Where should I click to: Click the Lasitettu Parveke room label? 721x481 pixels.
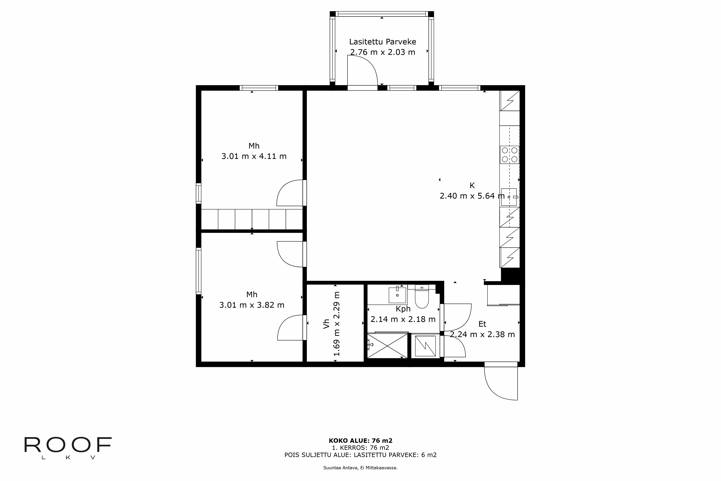coord(382,42)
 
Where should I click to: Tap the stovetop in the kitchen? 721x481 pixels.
coord(510,155)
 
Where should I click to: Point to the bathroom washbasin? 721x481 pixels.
coord(397,295)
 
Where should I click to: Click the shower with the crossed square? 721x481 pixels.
coord(388,346)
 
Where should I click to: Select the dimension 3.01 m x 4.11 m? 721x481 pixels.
coord(254,156)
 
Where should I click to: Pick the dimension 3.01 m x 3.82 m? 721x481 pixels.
coord(252,305)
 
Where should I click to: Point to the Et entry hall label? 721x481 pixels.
coord(482,324)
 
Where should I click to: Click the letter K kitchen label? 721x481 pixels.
coord(472,185)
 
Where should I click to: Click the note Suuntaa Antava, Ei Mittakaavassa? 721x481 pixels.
coord(360,468)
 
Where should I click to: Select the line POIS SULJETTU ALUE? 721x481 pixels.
coord(360,455)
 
